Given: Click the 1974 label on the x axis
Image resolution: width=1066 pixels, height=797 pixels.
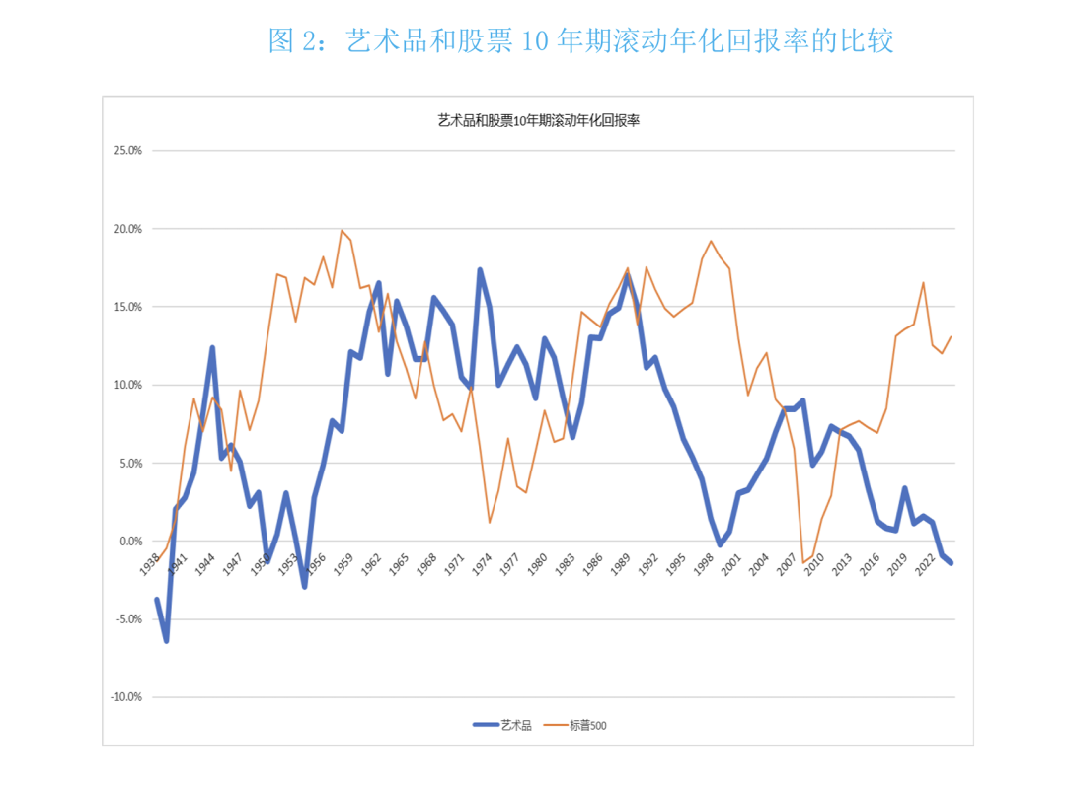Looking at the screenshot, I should point(482,563).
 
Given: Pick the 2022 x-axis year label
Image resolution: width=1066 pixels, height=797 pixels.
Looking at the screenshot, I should point(927,563).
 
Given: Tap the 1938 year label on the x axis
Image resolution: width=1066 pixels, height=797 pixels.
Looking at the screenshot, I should point(149,563).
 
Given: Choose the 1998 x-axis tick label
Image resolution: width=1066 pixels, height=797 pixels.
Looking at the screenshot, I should point(704,563).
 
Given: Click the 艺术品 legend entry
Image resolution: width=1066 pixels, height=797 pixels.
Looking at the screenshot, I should point(503,726).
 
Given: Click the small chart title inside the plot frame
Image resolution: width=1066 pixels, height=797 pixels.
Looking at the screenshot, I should point(539,121).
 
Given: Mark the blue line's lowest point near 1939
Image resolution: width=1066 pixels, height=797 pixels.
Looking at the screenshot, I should point(166,641).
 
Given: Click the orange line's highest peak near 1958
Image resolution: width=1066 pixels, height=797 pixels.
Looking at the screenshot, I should point(342,231).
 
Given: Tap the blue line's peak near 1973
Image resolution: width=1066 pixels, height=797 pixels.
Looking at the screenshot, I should point(480,269).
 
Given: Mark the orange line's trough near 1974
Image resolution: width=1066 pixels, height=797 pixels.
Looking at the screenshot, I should point(490,522).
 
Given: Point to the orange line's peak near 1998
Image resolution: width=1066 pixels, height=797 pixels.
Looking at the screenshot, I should point(711,241).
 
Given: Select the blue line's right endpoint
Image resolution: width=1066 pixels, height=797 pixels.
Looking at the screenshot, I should point(952,562).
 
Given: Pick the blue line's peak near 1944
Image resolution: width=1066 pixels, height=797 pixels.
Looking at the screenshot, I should point(212,347).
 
